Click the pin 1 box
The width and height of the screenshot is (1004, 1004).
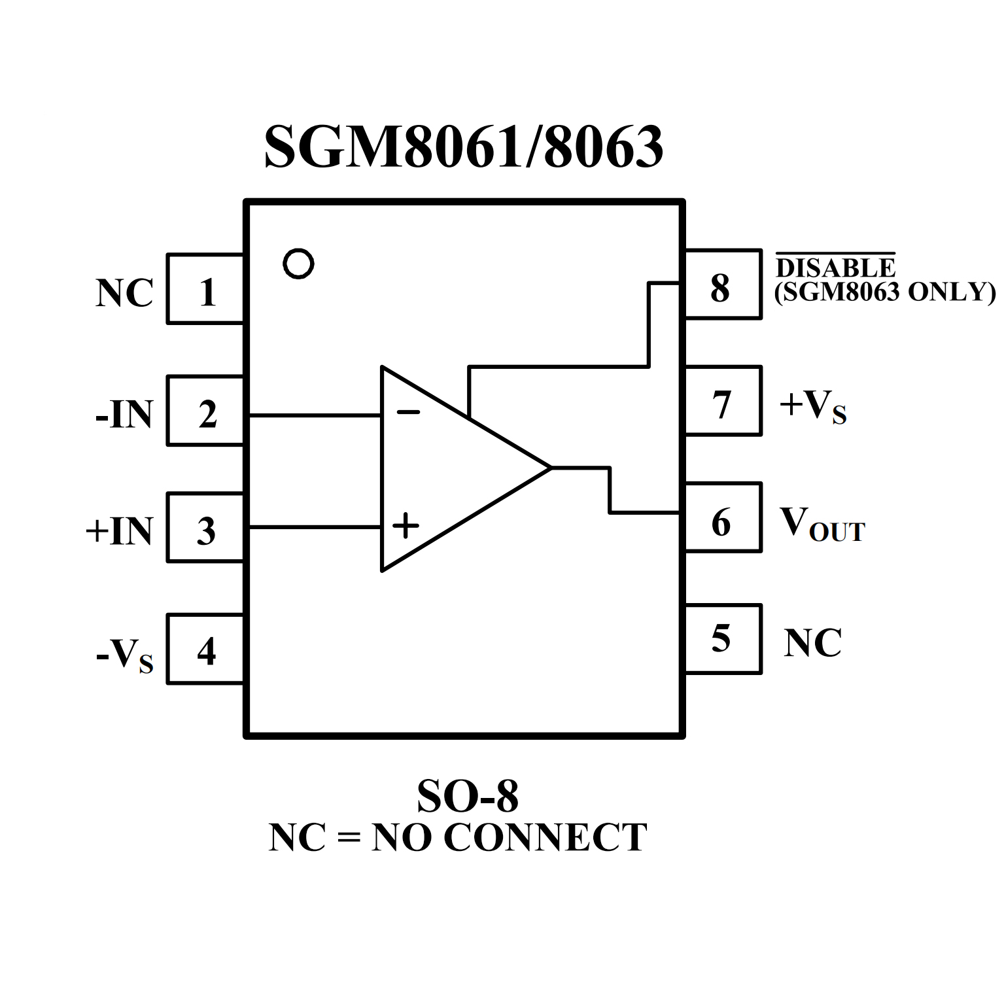[205, 289]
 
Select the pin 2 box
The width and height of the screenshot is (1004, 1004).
[205, 411]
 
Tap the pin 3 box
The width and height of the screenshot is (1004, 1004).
[205, 527]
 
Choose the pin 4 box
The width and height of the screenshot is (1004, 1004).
[205, 649]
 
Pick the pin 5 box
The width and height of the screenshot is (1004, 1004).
[723, 639]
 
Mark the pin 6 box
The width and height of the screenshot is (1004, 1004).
[723, 517]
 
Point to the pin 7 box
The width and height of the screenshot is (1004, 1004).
[723, 400]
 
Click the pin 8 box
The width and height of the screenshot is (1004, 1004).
[723, 284]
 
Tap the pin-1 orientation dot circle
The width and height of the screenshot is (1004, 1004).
[298, 264]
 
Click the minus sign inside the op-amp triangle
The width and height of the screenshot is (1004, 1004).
[408, 412]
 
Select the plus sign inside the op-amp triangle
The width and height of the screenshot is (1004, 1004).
[406, 525]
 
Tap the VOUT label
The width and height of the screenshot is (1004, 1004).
[822, 525]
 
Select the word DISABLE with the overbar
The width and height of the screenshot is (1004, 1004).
[835, 267]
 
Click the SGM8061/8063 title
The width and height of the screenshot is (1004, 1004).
[464, 147]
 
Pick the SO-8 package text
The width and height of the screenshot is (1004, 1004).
[467, 796]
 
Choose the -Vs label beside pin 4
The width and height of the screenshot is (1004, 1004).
[124, 654]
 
